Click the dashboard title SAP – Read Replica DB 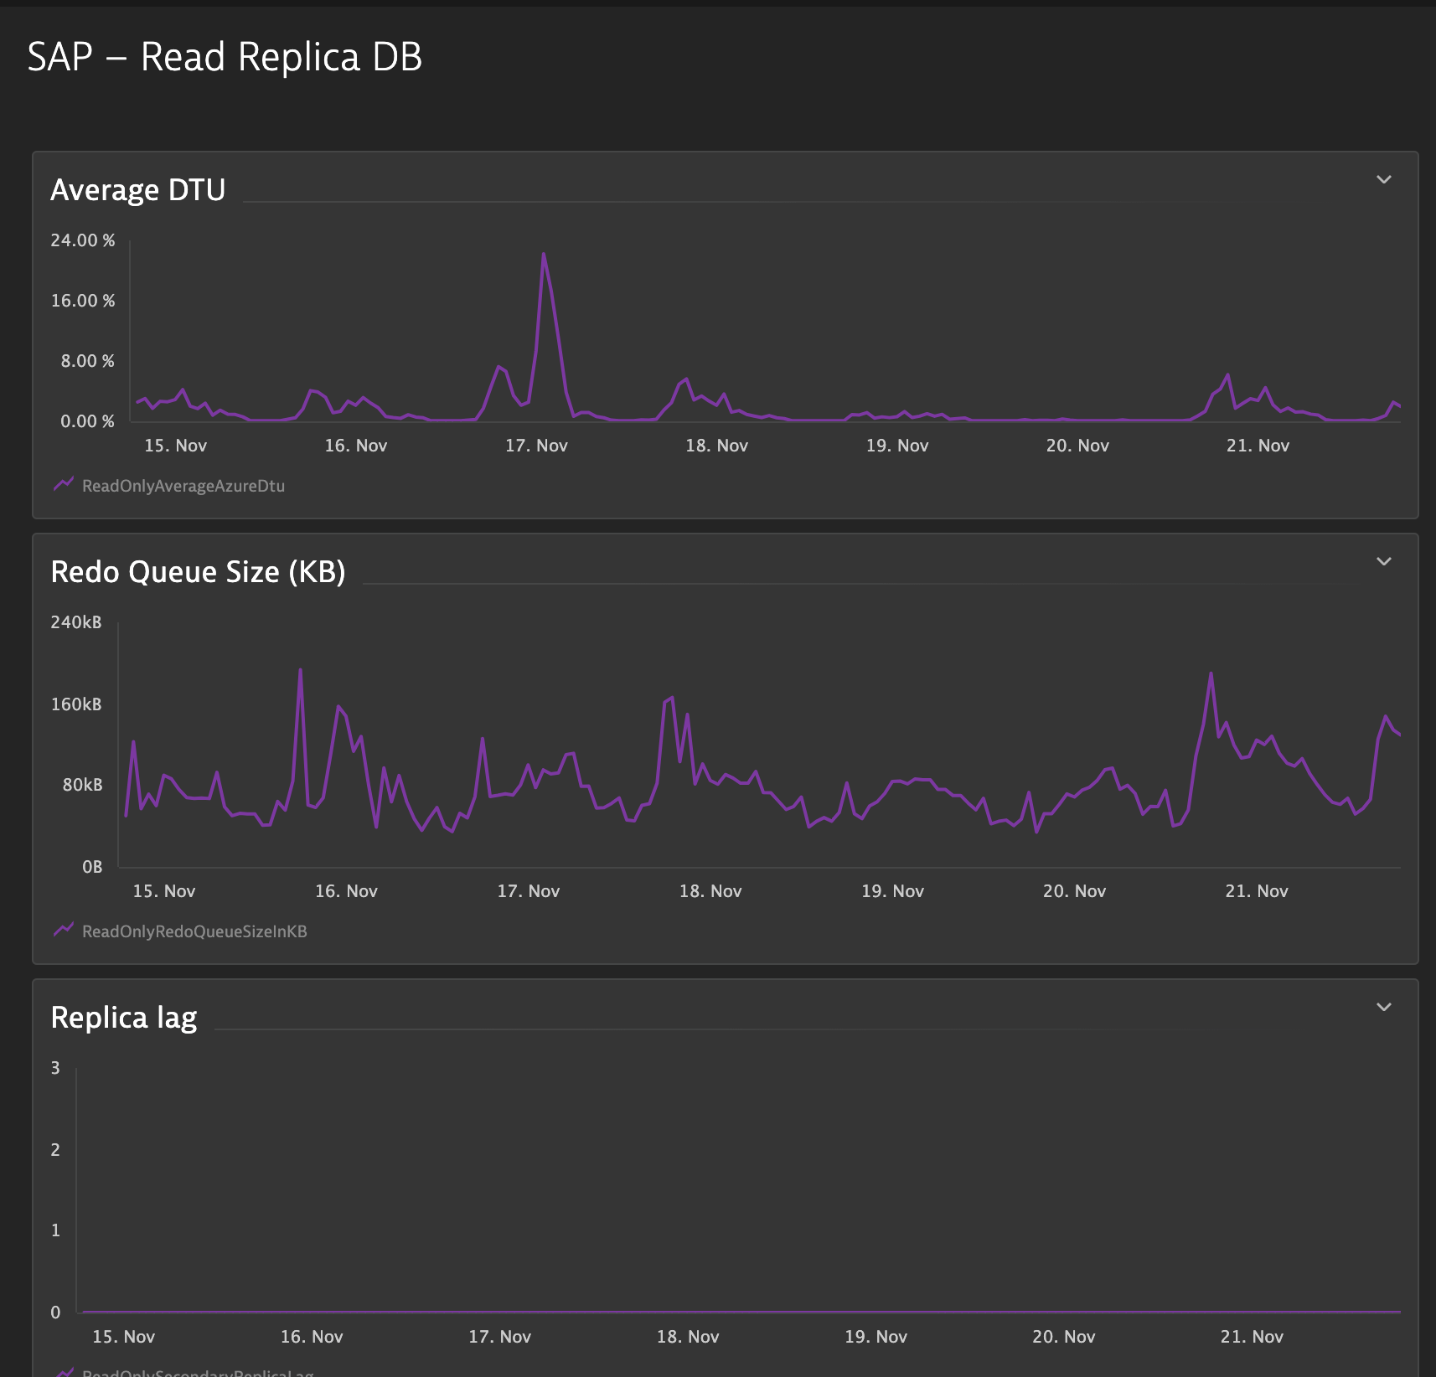tap(225, 58)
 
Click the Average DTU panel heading tap(138, 190)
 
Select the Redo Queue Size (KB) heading tap(198, 572)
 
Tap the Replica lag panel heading tap(124, 1018)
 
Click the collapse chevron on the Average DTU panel tap(1384, 179)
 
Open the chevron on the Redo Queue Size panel tap(1384, 561)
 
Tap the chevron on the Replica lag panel tap(1384, 1007)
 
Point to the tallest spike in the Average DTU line tap(544, 255)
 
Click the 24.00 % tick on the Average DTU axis tap(83, 240)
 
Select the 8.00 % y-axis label tap(87, 361)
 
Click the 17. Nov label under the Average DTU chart tap(536, 446)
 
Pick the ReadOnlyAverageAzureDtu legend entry tap(183, 486)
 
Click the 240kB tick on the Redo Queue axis tap(76, 622)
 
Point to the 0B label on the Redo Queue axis tap(92, 867)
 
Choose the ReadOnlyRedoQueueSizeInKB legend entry tap(194, 931)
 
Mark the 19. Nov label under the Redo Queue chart tap(892, 891)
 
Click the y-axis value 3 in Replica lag tap(55, 1068)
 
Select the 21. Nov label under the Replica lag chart tap(1252, 1337)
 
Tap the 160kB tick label tap(76, 704)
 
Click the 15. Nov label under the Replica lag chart tap(124, 1337)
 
